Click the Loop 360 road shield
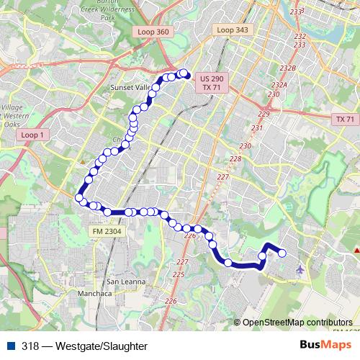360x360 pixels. tap(152, 32)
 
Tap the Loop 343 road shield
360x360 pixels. tap(232, 30)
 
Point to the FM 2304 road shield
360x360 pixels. tap(107, 231)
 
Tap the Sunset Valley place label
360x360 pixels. tap(130, 86)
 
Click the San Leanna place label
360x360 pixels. tap(126, 281)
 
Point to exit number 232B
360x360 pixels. tap(288, 68)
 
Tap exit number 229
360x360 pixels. tap(264, 114)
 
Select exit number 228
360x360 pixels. tap(235, 159)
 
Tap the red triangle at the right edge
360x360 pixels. tap(357, 249)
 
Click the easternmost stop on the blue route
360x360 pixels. tap(282, 253)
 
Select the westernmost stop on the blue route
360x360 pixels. tap(79, 197)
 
